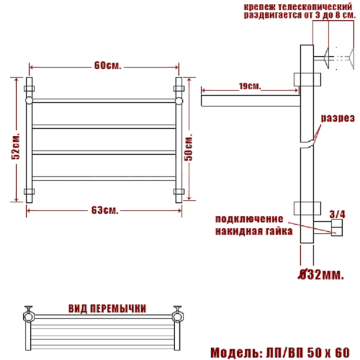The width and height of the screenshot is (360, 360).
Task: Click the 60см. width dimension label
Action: coord(107,66)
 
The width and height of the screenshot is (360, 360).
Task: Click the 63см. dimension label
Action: coord(105,210)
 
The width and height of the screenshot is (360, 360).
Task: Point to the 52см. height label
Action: coord(16,145)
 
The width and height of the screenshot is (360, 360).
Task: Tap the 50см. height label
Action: coord(189,147)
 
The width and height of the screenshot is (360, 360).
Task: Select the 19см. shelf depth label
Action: coord(250,86)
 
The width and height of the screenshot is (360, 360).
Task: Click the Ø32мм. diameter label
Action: coord(321,275)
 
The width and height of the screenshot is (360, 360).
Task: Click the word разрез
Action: coord(338,118)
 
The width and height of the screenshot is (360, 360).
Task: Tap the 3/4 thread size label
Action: coord(338,215)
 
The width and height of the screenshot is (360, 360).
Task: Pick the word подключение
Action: coord(249,219)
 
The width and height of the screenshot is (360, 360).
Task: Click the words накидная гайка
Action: coord(254,231)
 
